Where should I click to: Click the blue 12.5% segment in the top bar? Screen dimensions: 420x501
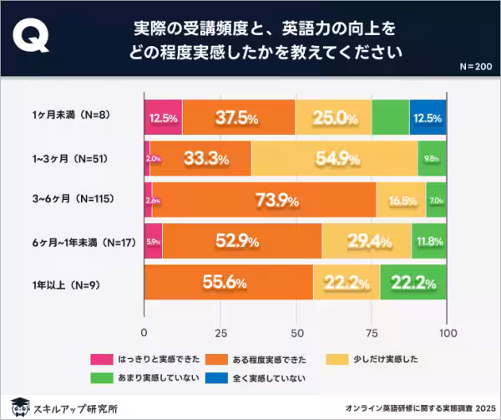tap(428, 117)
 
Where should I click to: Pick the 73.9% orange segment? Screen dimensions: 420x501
tap(264, 200)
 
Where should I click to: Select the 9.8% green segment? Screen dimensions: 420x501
tap(433, 158)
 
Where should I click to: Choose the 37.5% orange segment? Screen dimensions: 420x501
tap(238, 117)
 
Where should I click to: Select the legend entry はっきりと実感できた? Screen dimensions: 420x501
tap(154, 358)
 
